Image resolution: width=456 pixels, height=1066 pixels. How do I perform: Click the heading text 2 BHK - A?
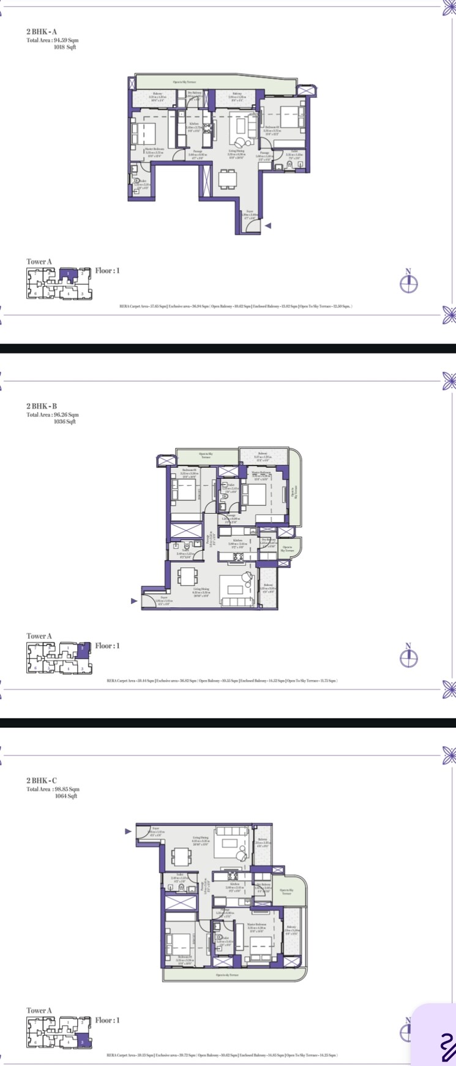[42, 31]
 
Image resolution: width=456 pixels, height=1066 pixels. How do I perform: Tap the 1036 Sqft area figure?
[64, 421]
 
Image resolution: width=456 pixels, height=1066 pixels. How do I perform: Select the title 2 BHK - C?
[42, 781]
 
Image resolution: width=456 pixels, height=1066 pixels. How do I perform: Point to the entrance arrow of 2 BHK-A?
[267, 225]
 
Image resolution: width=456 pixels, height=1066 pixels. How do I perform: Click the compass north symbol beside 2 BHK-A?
[409, 283]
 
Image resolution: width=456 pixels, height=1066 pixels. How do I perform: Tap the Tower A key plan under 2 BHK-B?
[59, 657]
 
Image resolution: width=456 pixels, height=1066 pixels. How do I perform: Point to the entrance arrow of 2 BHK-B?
[134, 601]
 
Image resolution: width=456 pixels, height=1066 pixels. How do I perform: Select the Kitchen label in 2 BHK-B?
[237, 542]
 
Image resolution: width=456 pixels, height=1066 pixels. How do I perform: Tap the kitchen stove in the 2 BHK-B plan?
[237, 556]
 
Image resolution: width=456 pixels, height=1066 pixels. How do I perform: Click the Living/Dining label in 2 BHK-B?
[201, 591]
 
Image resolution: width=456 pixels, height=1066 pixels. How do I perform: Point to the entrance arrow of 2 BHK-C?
[128, 831]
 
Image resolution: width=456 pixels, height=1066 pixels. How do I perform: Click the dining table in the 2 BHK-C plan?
[182, 855]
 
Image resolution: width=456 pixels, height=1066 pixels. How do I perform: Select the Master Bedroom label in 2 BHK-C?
[257, 926]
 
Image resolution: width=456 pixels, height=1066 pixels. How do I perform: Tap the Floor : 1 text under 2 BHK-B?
[107, 646]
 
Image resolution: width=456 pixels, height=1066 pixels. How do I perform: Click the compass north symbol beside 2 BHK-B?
[409, 657]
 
